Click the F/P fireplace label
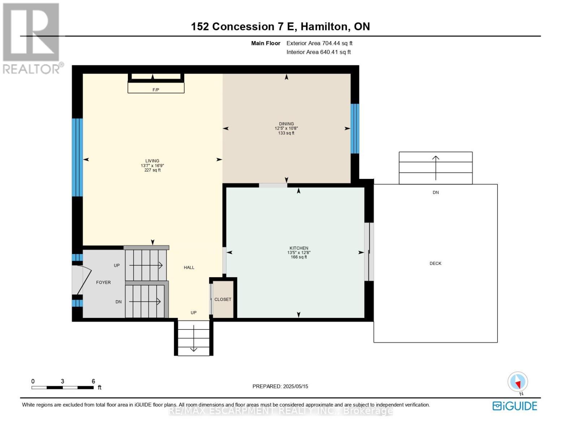[x=156, y=90]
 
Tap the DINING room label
[x=286, y=124]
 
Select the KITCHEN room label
[x=299, y=248]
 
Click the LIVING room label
[x=152, y=161]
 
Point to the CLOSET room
[x=223, y=299]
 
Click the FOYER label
[x=103, y=283]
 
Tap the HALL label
[x=189, y=267]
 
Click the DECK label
[x=435, y=263]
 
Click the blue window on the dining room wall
[x=355, y=128]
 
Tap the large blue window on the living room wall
[x=77, y=157]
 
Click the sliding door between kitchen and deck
[x=368, y=252]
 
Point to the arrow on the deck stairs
[x=436, y=168]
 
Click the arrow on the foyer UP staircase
[x=146, y=266]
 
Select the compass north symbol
[x=518, y=382]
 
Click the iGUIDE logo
[x=515, y=406]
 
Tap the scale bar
[x=62, y=388]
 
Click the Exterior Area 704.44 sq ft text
[x=319, y=43]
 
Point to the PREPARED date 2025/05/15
[x=280, y=386]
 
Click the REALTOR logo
[x=32, y=38]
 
